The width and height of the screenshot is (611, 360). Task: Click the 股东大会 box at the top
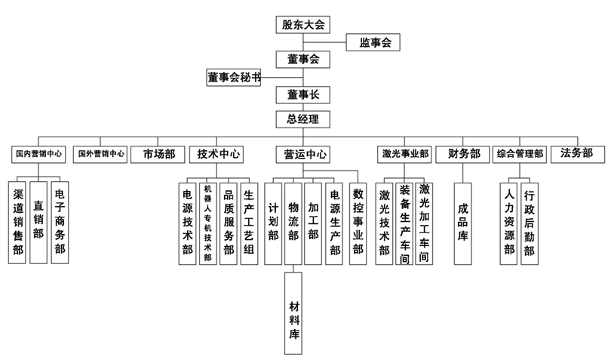tap(302, 25)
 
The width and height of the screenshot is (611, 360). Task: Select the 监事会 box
tap(373, 43)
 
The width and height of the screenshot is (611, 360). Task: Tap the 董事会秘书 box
tap(234, 77)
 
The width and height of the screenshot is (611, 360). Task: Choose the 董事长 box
tap(302, 95)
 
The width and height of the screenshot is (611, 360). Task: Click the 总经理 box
tap(302, 118)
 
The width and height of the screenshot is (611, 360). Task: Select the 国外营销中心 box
tap(101, 154)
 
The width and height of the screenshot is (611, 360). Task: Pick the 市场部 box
tap(158, 154)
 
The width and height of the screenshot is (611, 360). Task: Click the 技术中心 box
tap(219, 154)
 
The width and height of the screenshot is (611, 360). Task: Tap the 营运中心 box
tap(305, 155)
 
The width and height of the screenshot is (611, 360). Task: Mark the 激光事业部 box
tap(405, 154)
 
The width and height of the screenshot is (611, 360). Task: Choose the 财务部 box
tap(464, 154)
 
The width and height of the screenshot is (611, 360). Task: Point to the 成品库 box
tap(463, 223)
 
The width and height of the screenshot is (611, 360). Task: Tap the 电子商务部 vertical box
tap(60, 222)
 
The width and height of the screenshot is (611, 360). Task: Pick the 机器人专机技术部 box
tap(207, 222)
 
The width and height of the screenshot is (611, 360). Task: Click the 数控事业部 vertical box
tap(358, 222)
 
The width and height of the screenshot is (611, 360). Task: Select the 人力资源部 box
tap(509, 222)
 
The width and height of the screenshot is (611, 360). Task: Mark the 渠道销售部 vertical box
tap(18, 222)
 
